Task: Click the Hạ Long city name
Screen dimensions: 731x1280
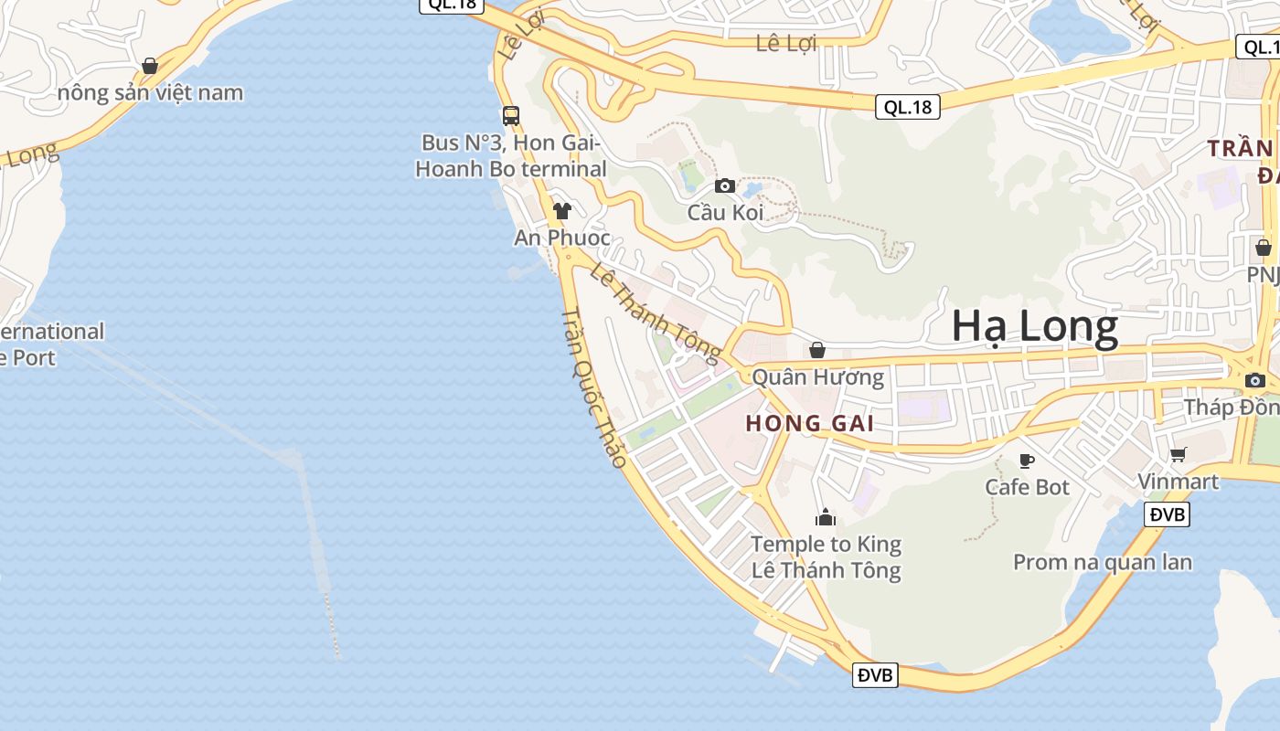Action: pyautogui.click(x=1034, y=326)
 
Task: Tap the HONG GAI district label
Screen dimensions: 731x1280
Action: pyautogui.click(x=809, y=423)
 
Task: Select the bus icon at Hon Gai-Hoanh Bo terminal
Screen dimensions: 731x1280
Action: pyautogui.click(x=511, y=116)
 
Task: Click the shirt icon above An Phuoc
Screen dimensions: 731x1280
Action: pyautogui.click(x=561, y=211)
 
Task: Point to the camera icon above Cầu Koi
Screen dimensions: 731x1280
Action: pyautogui.click(x=725, y=185)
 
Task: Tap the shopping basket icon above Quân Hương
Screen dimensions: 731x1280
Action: pyautogui.click(x=817, y=350)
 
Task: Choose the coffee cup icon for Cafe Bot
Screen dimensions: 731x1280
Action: pyautogui.click(x=1027, y=461)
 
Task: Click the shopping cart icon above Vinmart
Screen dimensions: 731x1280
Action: pyautogui.click(x=1179, y=454)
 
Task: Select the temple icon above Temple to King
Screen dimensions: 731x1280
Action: pyautogui.click(x=826, y=518)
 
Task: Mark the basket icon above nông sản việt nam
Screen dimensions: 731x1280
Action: pyautogui.click(x=150, y=66)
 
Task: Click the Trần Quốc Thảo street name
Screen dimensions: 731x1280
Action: pyautogui.click(x=593, y=388)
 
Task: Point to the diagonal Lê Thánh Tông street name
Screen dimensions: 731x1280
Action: pyautogui.click(x=656, y=308)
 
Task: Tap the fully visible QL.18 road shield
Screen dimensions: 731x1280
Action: pyautogui.click(x=908, y=107)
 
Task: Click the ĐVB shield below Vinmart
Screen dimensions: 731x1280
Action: pyautogui.click(x=1167, y=514)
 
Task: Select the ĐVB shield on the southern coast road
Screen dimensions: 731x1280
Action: pyautogui.click(x=875, y=675)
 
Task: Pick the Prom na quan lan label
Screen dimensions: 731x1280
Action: pyautogui.click(x=1102, y=562)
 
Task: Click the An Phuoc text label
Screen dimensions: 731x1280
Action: pyautogui.click(x=562, y=238)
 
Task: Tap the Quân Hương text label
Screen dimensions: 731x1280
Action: pyautogui.click(x=817, y=377)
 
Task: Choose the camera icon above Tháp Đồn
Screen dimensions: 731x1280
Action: pyautogui.click(x=1255, y=380)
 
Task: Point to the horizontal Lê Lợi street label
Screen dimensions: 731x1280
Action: pyautogui.click(x=786, y=43)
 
